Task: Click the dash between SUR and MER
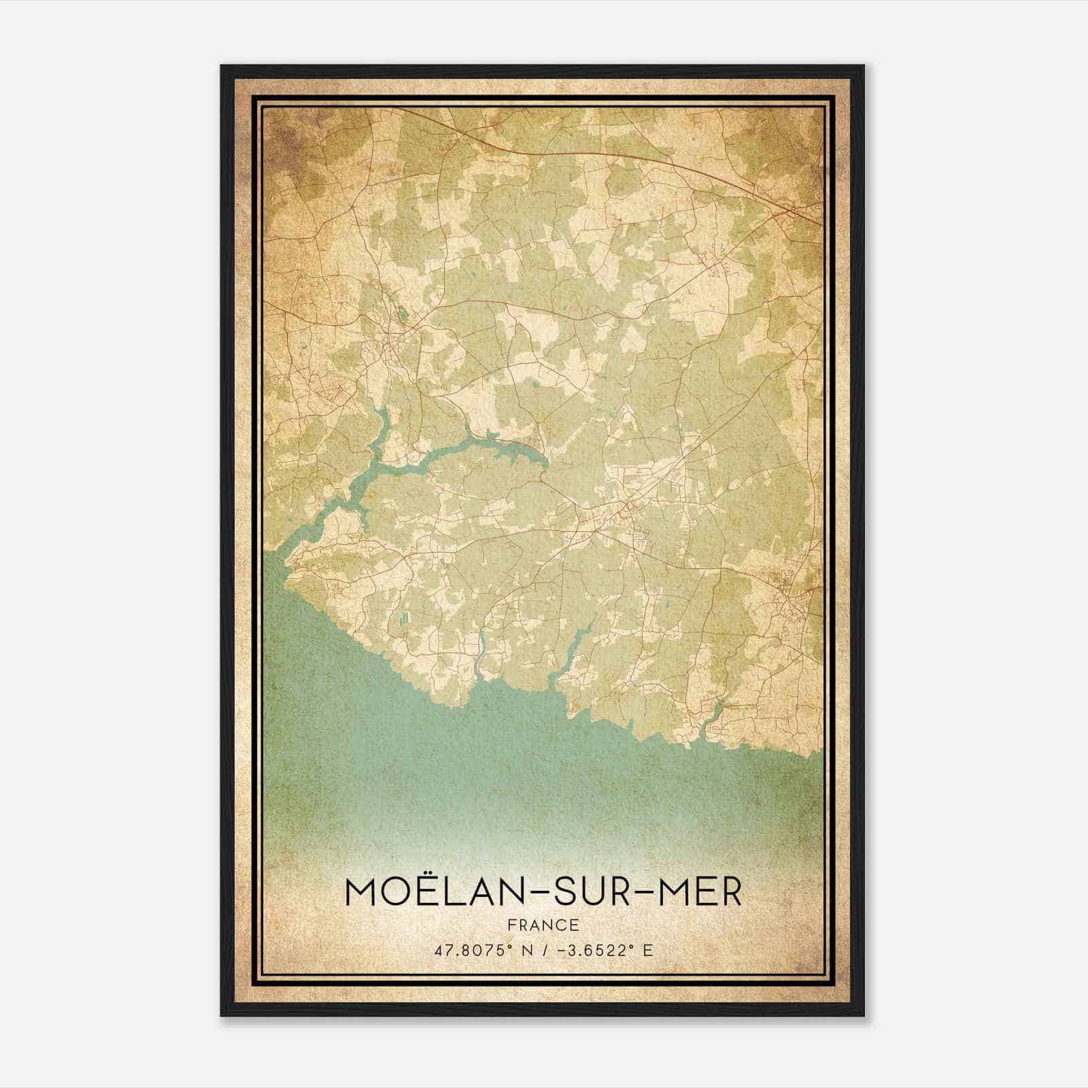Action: [x=641, y=894]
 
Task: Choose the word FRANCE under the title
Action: [x=543, y=925]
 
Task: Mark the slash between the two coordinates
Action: [x=544, y=950]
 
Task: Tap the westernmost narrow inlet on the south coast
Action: [x=481, y=653]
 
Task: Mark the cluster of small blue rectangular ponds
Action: [x=406, y=617]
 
